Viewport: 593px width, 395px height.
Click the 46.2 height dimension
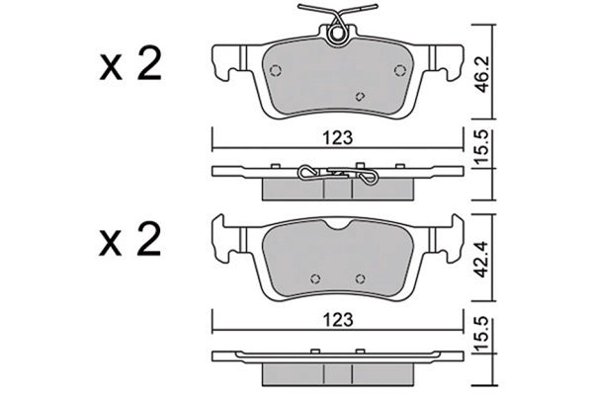coord(481,75)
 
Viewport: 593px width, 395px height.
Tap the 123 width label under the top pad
coord(337,138)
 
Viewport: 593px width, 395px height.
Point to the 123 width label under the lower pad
coord(337,320)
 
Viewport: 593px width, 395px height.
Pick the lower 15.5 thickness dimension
coord(481,336)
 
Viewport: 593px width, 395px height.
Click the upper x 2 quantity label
coord(130,64)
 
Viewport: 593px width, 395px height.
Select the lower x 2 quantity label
coord(130,239)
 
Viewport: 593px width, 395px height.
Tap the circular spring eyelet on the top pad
coord(337,35)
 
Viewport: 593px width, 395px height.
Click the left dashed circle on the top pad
coord(276,71)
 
